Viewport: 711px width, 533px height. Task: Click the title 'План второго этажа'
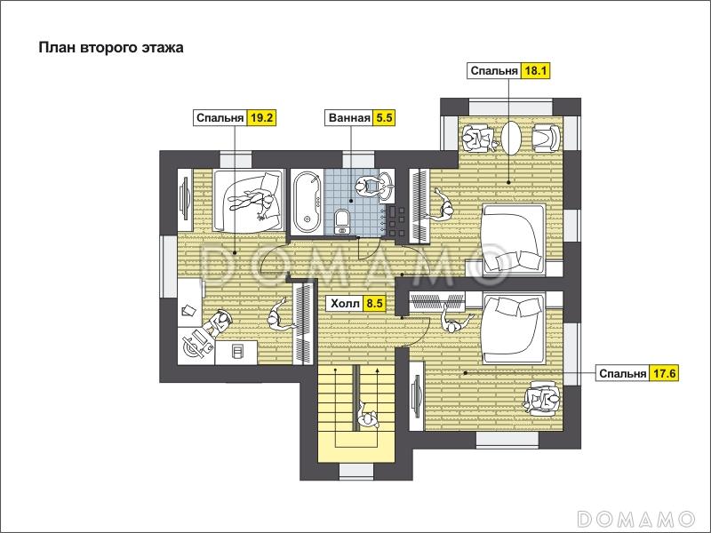[x=111, y=48]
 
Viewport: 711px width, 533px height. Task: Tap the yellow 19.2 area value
[x=261, y=118]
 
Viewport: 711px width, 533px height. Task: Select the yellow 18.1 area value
[x=536, y=71]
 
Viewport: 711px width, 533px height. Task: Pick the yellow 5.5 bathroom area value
[x=384, y=118]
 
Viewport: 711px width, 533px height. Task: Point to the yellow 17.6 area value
[x=664, y=373]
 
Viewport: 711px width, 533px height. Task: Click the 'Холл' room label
[x=345, y=303]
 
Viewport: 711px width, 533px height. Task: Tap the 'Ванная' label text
[x=349, y=118]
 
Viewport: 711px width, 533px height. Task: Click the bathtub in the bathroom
[x=307, y=202]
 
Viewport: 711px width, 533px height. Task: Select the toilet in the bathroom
[x=342, y=221]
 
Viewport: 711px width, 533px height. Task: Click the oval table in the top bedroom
[x=512, y=138]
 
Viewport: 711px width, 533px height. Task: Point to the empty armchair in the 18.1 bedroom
[x=546, y=138]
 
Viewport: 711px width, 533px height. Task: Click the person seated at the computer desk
[x=219, y=322]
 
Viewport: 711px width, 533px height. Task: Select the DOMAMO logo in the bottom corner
[x=635, y=518]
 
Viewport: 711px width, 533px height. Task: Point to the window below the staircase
[x=356, y=471]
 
